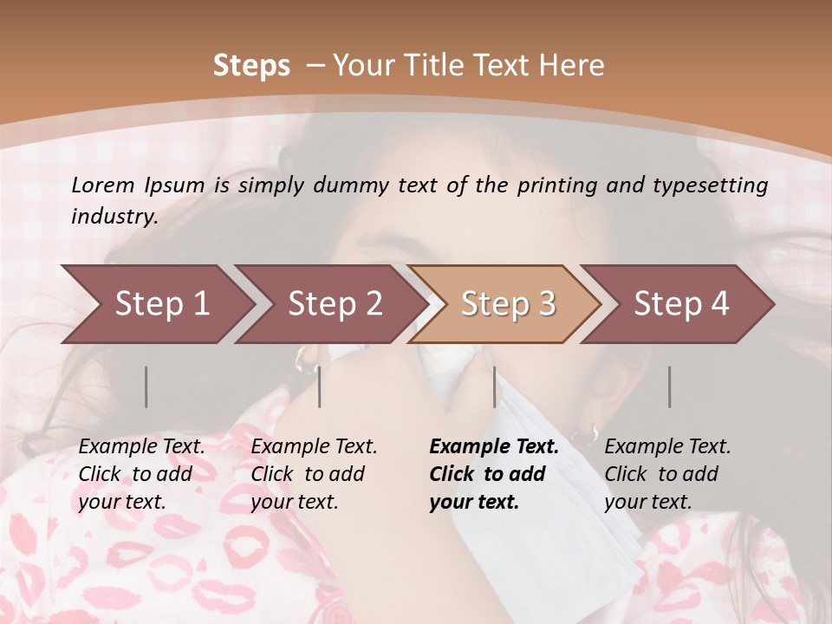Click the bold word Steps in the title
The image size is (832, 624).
[251, 66]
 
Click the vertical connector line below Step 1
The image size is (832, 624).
[146, 387]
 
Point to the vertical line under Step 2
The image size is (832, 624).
[320, 387]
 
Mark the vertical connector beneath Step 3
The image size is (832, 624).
[495, 387]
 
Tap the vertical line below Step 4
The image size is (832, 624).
[670, 387]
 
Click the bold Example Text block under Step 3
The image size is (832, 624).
[493, 474]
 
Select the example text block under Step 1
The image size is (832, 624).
[141, 474]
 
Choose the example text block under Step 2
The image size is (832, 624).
[314, 474]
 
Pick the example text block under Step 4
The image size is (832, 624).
[666, 474]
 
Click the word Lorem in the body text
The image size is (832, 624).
[103, 185]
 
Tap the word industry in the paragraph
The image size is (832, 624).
[114, 217]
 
